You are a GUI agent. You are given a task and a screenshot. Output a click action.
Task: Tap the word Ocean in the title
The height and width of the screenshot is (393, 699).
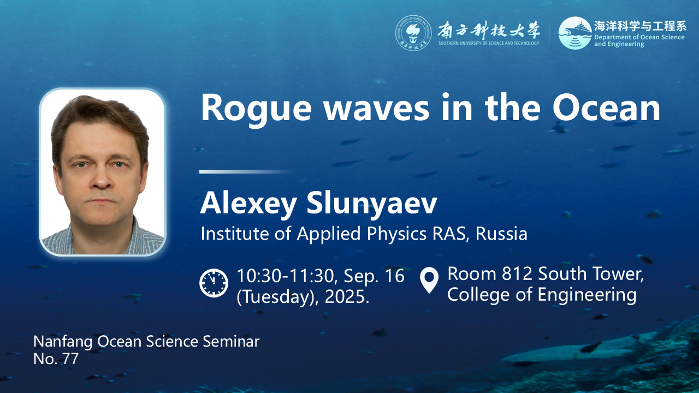click(x=606, y=107)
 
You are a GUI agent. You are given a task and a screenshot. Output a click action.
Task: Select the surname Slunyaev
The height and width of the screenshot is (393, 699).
click(x=372, y=204)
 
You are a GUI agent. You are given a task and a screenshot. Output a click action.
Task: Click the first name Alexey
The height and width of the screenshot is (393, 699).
click(x=248, y=204)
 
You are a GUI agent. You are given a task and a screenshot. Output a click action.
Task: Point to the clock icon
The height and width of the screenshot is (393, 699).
click(x=214, y=283)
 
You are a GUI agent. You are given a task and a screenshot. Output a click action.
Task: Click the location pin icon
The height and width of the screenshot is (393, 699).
click(x=429, y=280)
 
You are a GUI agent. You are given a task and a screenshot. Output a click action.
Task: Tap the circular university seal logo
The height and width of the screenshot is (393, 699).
click(x=413, y=33)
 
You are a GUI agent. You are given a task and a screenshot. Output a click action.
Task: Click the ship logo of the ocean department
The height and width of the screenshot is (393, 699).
click(x=575, y=33)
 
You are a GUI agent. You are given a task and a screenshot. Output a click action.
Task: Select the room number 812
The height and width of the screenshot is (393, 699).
click(x=517, y=274)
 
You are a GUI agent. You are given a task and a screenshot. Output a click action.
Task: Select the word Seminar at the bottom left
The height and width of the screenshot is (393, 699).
click(x=231, y=341)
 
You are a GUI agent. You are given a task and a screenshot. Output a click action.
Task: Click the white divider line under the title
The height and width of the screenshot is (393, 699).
click(x=246, y=171)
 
